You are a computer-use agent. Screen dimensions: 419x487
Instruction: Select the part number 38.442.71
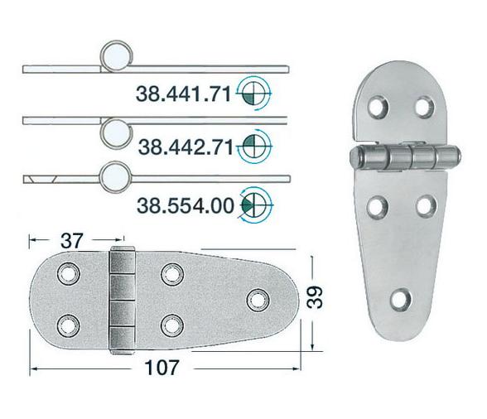[x=184, y=148]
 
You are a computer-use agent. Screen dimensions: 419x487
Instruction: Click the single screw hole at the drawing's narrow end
[x=258, y=297]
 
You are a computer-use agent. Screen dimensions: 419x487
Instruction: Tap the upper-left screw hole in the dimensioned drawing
[x=65, y=273]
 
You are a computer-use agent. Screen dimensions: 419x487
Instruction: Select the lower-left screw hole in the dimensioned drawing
[x=65, y=322]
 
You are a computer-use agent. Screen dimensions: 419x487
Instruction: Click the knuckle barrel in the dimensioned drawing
[x=122, y=299]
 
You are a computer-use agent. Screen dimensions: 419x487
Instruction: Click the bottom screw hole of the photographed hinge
[x=403, y=299]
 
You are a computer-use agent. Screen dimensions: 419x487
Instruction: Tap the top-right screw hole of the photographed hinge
[x=423, y=108]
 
